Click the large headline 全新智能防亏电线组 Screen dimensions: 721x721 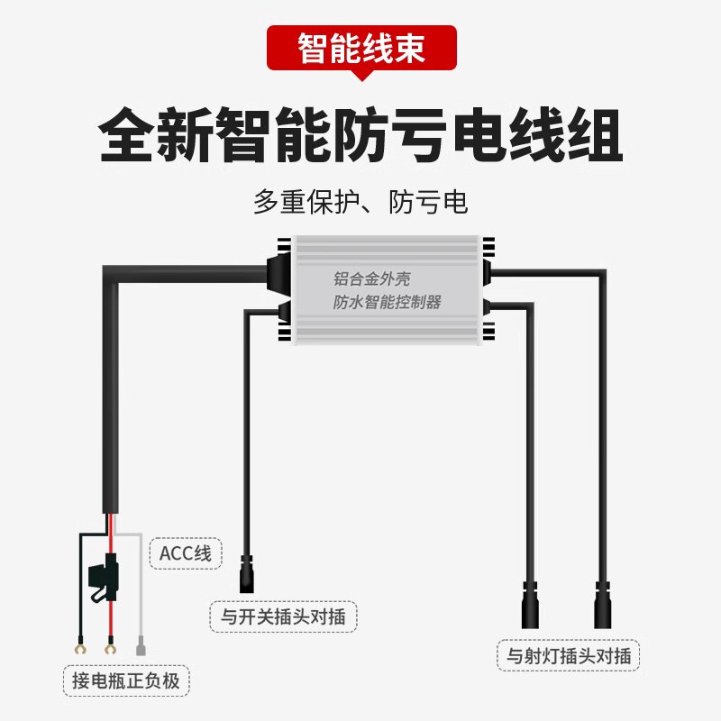click(360, 135)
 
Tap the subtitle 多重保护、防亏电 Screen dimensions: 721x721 click(360, 201)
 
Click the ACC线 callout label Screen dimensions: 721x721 click(185, 552)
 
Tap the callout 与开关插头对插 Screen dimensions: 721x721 click(282, 617)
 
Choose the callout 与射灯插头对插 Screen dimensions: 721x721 click(568, 655)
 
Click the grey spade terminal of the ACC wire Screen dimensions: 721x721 click(141, 647)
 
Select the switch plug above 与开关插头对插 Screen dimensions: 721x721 click(245, 575)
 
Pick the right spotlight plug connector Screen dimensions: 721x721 click(603, 606)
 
